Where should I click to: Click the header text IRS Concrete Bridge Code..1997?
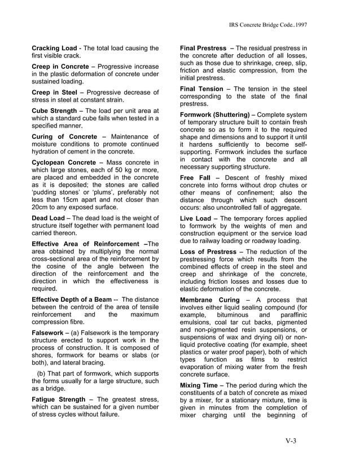[x=275, y=25]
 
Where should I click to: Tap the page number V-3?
[x=291, y=441]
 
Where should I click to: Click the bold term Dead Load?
[x=49, y=218]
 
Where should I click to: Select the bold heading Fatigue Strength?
[x=59, y=399]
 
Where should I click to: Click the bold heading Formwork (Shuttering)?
[x=215, y=115]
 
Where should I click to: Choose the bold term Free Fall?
[x=196, y=178]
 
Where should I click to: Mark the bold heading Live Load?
[x=195, y=218]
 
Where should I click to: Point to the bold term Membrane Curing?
[x=208, y=300]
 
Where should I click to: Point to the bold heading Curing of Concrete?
[x=64, y=137]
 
